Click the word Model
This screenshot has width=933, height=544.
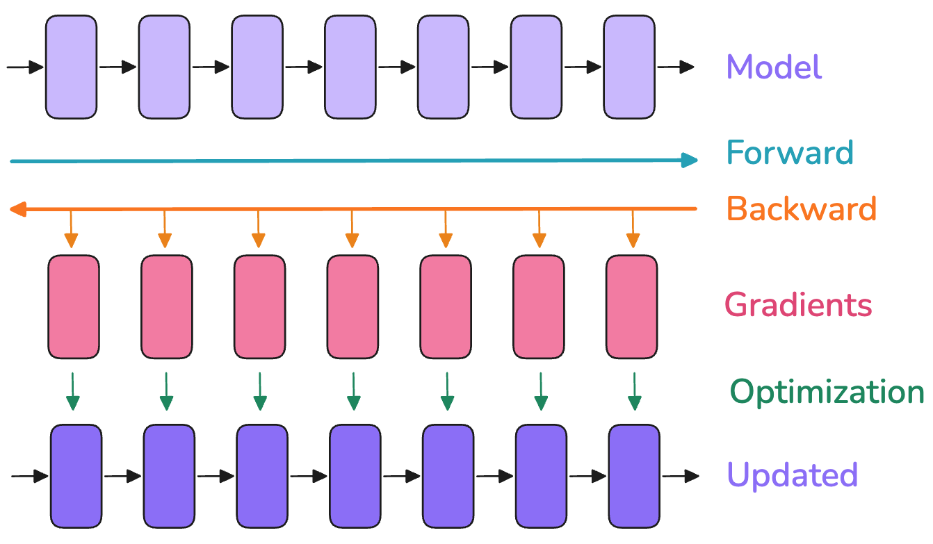click(x=774, y=67)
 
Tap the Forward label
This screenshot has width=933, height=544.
click(x=790, y=152)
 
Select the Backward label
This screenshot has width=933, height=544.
click(x=802, y=208)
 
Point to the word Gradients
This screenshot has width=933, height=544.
click(x=798, y=305)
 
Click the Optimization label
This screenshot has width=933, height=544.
click(x=827, y=393)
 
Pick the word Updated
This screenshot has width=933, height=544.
click(x=793, y=475)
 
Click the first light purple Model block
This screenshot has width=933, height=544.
click(x=71, y=67)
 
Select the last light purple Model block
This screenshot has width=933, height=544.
click(x=629, y=67)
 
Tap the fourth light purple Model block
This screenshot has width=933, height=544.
click(x=350, y=67)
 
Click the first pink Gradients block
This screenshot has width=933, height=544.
click(x=74, y=307)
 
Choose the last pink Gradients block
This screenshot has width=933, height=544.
click(x=632, y=307)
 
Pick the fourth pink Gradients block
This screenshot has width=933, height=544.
click(x=352, y=307)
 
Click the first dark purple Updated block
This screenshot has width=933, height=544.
click(x=76, y=476)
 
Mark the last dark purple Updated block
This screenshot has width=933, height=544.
click(x=634, y=476)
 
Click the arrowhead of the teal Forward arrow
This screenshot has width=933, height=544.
click(x=690, y=160)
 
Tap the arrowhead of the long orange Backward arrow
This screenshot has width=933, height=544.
click(x=17, y=209)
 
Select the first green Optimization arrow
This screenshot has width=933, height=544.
click(x=72, y=391)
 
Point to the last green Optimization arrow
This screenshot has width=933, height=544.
click(x=634, y=391)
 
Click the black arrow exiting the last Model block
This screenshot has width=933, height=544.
click(x=676, y=67)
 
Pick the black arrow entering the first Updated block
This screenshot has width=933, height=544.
click(x=30, y=476)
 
